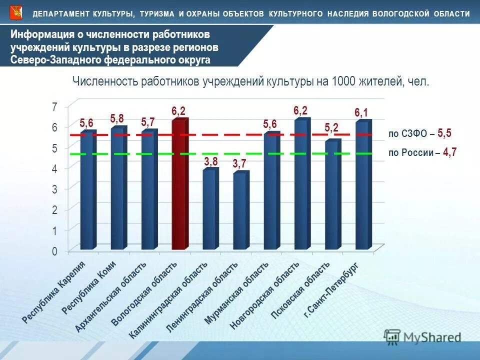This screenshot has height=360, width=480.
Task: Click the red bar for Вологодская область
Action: point(179,185)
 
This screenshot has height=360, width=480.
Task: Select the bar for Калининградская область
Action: point(209,210)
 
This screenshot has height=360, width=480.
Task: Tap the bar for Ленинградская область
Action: point(240,211)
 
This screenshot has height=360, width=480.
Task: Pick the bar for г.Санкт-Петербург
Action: point(362,185)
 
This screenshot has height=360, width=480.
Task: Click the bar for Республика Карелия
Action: point(87,190)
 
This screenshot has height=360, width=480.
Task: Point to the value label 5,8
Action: point(117,118)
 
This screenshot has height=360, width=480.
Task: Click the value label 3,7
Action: point(239,163)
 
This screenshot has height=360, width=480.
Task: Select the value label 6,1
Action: point(361,113)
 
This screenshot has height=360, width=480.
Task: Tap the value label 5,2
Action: point(331,128)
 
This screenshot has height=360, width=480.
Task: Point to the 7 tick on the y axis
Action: point(54,106)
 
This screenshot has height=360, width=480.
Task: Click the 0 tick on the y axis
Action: point(54,251)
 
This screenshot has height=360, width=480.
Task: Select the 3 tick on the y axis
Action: point(54,189)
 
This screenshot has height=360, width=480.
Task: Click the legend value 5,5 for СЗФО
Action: point(444,133)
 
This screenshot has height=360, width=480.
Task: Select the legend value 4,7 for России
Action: point(449,152)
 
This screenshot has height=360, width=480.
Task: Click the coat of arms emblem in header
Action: point(16,12)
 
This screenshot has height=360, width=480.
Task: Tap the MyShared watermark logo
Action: point(422,337)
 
